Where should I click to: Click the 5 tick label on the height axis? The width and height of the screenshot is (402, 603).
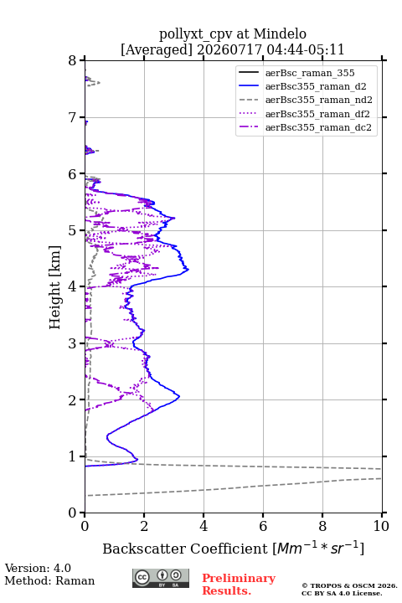click(73, 231)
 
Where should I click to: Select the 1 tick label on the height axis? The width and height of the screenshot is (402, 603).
click(73, 456)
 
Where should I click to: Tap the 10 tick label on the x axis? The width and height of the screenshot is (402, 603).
click(381, 526)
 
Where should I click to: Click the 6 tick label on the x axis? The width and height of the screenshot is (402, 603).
click(263, 526)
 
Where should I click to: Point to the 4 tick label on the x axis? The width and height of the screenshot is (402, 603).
click(204, 526)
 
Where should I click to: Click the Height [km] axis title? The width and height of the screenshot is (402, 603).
click(55, 287)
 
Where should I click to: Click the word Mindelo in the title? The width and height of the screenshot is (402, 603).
click(280, 33)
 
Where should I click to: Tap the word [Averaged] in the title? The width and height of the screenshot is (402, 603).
click(156, 50)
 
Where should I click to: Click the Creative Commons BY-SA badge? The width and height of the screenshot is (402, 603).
click(161, 578)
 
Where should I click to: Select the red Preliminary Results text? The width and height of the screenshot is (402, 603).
click(239, 585)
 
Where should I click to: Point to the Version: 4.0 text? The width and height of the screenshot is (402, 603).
click(38, 568)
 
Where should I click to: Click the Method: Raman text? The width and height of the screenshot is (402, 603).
click(49, 580)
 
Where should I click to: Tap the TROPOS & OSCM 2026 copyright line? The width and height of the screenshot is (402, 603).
click(350, 585)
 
